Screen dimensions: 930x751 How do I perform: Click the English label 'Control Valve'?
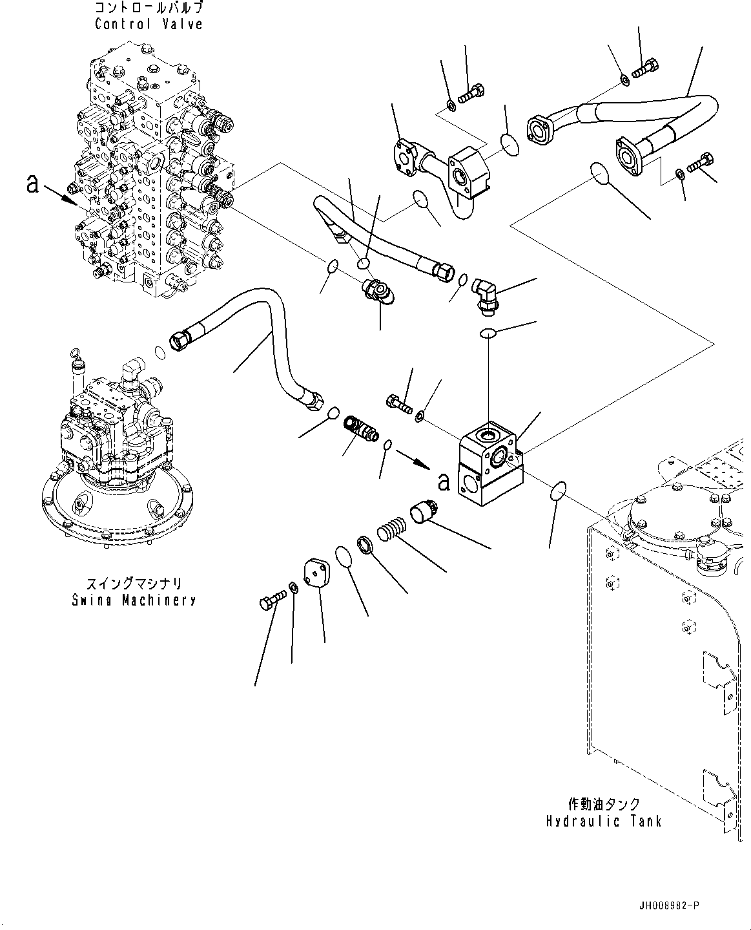(x=149, y=25)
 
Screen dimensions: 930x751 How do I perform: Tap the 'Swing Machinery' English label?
(x=134, y=600)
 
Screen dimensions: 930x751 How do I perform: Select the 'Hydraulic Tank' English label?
(x=604, y=821)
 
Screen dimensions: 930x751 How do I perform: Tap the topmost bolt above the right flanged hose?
(x=646, y=69)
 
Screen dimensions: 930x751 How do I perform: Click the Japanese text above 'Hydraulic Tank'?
(x=604, y=804)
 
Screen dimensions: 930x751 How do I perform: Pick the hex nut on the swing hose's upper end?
(x=179, y=340)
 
